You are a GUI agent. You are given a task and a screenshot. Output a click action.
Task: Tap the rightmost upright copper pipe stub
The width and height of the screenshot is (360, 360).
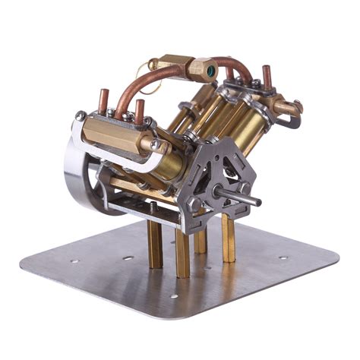267,77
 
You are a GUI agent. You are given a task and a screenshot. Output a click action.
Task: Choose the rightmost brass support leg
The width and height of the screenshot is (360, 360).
228,238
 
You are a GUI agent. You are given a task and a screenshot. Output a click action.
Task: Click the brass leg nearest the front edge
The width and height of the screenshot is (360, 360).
182,254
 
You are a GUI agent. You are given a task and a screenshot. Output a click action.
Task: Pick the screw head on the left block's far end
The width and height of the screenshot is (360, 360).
81,116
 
